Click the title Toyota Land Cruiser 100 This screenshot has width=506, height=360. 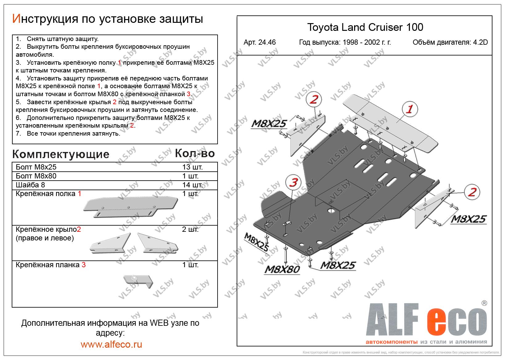point(365,27)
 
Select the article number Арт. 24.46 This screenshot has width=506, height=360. point(259,43)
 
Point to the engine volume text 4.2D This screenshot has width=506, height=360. point(481,43)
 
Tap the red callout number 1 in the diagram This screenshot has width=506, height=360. point(410,109)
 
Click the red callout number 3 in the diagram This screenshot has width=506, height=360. point(294,182)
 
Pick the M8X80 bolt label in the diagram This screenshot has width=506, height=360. point(282,269)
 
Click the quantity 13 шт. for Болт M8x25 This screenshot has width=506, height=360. point(192,167)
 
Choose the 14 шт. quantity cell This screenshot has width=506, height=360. point(192,185)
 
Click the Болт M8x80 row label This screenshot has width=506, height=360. point(36,176)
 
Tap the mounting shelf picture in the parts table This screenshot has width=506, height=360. point(130,207)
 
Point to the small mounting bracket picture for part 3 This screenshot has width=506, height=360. point(138,280)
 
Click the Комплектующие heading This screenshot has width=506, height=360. point(61,154)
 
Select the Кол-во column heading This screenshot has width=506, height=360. point(194,153)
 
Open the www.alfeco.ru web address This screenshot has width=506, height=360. point(111,344)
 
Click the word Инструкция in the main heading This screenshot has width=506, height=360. point(44,19)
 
